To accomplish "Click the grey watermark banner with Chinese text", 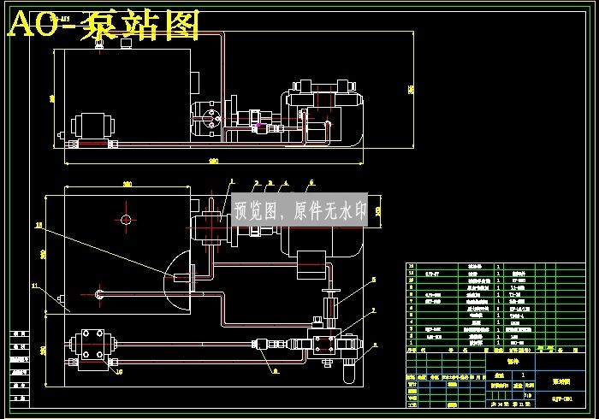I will [x=299, y=209].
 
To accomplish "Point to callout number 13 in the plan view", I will [x=38, y=226].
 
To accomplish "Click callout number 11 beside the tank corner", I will [x=35, y=285].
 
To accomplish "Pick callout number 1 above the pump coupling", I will [x=230, y=181].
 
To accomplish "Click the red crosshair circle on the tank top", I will [x=127, y=220].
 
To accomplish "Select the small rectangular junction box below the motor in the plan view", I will [x=311, y=263].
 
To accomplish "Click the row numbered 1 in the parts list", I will [x=479, y=346].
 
